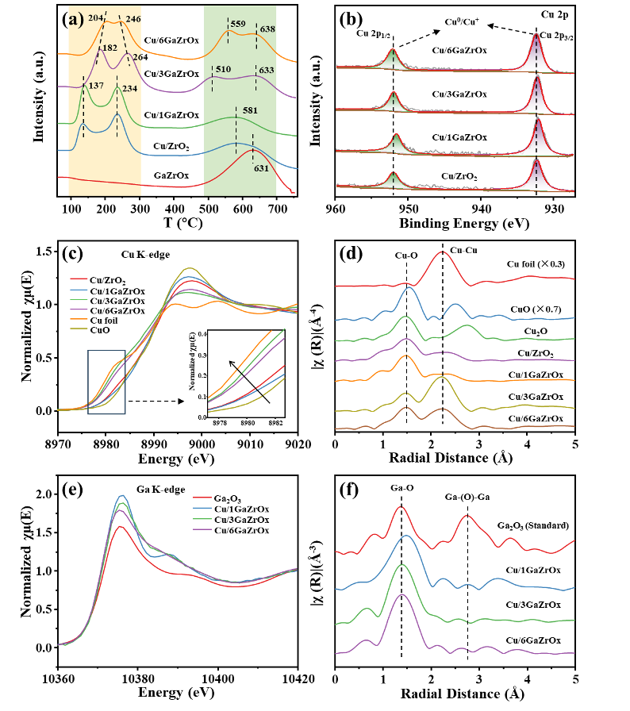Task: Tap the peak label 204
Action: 95,17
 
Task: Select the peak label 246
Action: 133,18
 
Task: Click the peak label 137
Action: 95,86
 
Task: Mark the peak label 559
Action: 237,25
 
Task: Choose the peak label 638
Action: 267,29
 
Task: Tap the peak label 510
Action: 223,69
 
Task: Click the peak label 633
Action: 266,70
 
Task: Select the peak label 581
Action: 250,110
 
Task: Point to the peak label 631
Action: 261,168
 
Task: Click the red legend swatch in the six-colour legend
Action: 79,279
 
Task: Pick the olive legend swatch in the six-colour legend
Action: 79,328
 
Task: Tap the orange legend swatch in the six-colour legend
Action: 79,318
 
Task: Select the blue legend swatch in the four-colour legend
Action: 202,508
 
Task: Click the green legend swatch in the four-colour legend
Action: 202,518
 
